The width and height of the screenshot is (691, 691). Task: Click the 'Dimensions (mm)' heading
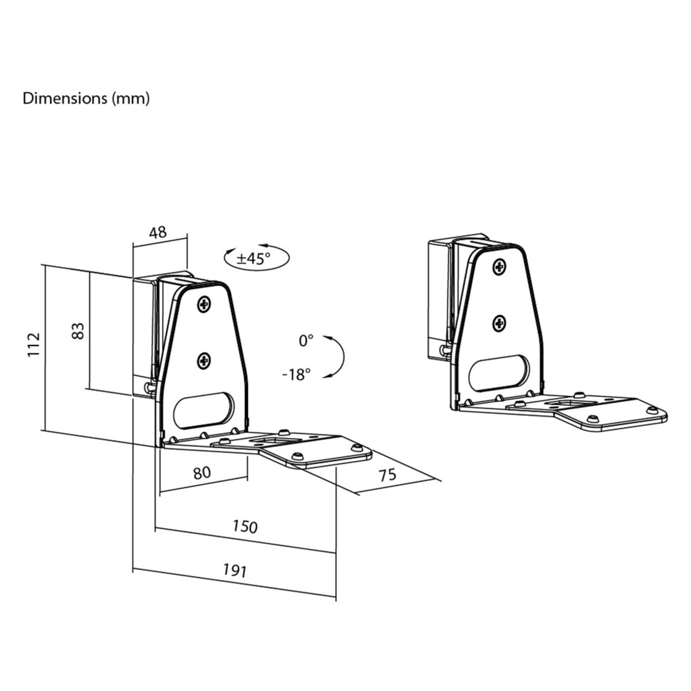click(x=86, y=98)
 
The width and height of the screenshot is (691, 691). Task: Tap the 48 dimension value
click(x=158, y=232)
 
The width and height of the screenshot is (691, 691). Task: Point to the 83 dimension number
click(x=78, y=331)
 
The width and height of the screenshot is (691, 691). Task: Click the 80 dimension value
click(x=201, y=472)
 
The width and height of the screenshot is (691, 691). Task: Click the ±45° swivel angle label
click(x=254, y=258)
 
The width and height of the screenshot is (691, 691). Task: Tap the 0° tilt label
click(x=306, y=341)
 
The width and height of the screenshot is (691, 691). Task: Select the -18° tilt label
click(x=297, y=375)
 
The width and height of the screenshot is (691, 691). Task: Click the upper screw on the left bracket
click(x=203, y=305)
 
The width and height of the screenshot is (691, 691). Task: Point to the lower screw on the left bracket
click(x=203, y=361)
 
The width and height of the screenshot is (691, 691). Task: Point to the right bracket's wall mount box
click(x=440, y=301)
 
